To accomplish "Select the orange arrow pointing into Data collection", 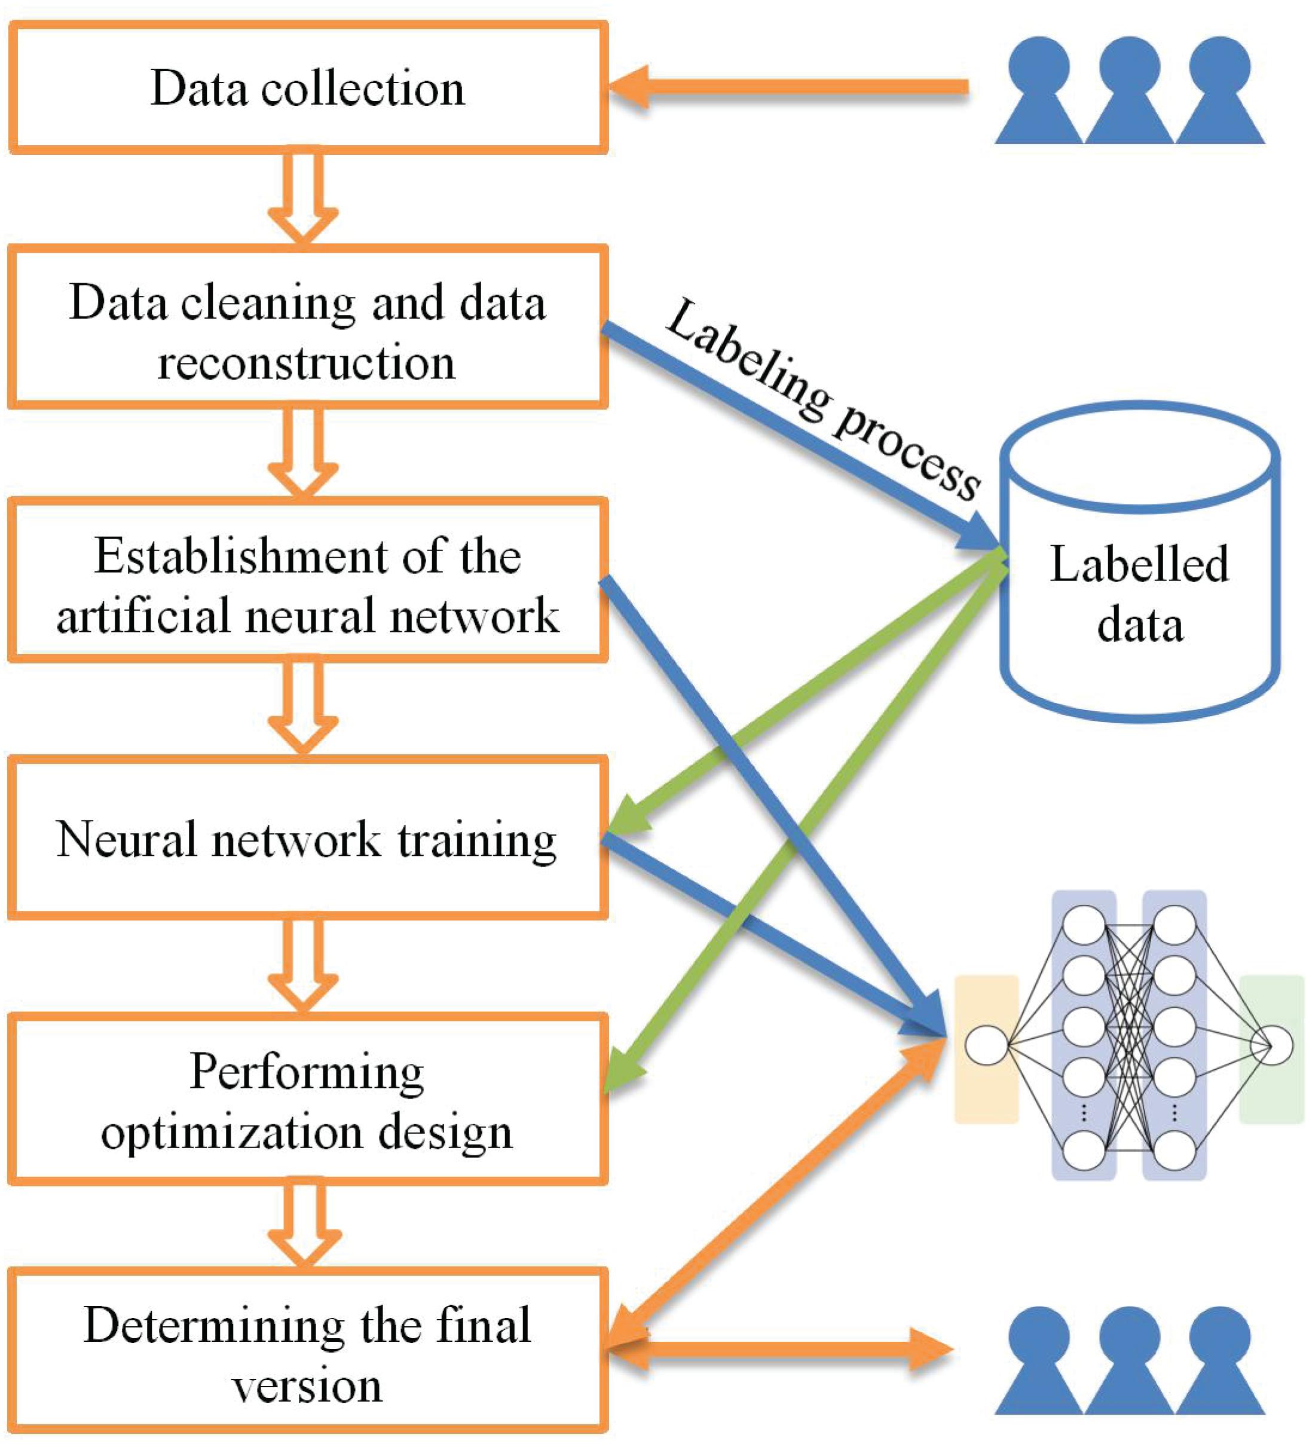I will tap(788, 87).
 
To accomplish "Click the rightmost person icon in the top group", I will tap(1219, 93).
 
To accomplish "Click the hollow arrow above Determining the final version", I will tap(303, 1225).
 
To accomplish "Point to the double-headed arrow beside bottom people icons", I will tap(781, 1350).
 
